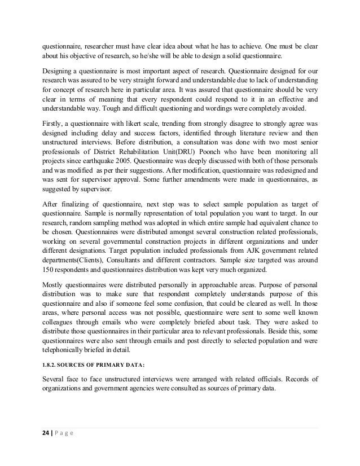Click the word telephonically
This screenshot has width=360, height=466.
point(67,350)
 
